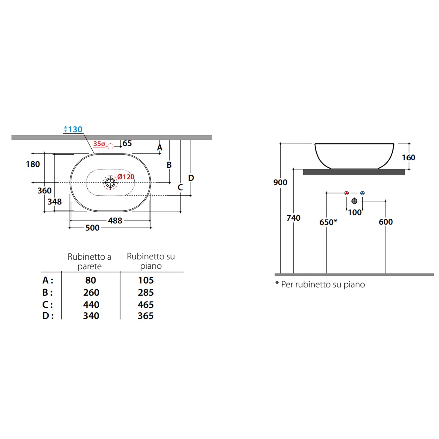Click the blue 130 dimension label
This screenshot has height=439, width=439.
pos(75,129)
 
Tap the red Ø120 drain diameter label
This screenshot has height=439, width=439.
pos(126,177)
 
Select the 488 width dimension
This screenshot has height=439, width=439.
pos(115,221)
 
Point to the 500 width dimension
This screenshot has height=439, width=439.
pos(92,228)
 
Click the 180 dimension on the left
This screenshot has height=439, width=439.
pos(33,164)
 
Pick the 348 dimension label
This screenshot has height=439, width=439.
pos(55,202)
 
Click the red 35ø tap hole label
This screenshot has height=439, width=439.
pos(99,144)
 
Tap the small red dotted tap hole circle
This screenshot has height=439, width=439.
pos(110,146)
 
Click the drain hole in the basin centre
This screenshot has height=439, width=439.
pos(110,183)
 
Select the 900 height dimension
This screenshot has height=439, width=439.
pos(280,182)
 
